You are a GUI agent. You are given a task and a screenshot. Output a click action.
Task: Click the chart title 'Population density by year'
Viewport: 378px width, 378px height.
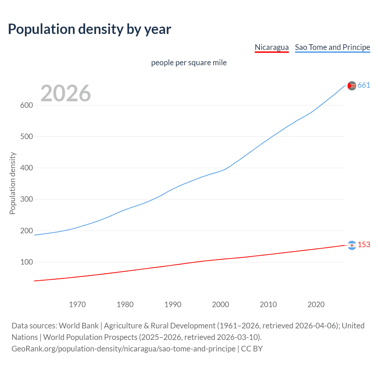click(89, 29)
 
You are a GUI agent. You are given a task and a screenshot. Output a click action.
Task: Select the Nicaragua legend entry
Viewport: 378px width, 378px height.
click(271, 47)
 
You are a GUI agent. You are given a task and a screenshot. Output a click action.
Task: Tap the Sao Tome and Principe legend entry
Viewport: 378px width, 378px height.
click(332, 47)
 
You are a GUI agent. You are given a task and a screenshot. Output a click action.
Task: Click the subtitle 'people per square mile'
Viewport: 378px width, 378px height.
click(189, 63)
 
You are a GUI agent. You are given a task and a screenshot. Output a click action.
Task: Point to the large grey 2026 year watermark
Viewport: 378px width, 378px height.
click(66, 93)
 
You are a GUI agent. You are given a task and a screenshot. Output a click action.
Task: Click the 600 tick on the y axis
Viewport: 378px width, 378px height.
click(26, 105)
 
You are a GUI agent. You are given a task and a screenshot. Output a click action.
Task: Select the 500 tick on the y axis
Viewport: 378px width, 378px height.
click(26, 136)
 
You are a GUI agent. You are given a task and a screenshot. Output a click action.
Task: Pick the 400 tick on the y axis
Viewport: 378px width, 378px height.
click(26, 168)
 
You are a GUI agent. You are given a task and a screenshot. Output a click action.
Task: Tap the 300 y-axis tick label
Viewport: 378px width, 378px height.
click(26, 199)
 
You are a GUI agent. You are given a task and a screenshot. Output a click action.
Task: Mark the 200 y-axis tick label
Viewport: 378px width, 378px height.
click(26, 231)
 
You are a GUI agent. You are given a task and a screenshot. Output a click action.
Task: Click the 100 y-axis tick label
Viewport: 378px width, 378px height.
click(26, 262)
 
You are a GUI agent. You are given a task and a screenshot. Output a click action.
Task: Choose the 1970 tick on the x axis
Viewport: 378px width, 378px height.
click(77, 304)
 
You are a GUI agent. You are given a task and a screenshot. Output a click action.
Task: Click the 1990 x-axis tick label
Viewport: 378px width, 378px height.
click(173, 304)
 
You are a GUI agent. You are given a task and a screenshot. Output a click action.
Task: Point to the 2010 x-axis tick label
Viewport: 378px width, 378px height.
click(268, 304)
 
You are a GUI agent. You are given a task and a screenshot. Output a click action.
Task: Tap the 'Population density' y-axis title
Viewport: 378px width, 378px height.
click(12, 183)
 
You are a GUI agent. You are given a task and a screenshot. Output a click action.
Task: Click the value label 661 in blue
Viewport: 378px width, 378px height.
click(364, 85)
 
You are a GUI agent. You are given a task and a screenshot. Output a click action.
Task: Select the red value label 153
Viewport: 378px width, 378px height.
click(364, 245)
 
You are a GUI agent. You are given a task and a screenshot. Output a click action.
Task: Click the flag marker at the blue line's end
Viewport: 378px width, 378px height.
click(352, 86)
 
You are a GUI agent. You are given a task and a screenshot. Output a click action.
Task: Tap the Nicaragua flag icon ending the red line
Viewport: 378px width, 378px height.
click(352, 245)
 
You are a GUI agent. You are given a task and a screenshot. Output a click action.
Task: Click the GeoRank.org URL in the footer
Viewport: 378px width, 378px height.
click(123, 349)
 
